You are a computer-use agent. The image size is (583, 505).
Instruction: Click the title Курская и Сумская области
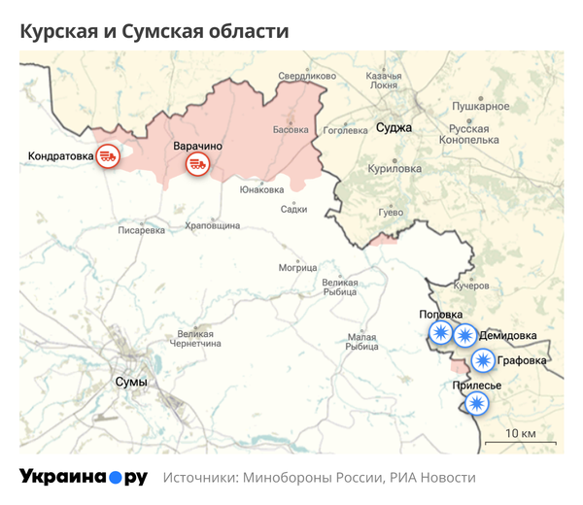click(154, 31)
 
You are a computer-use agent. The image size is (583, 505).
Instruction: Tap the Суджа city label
click(394, 127)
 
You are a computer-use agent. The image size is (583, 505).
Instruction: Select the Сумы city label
click(130, 382)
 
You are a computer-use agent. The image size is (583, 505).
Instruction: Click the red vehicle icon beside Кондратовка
click(108, 155)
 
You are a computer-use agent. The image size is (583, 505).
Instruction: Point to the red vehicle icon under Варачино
click(198, 164)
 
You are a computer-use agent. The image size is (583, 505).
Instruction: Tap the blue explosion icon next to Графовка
click(483, 361)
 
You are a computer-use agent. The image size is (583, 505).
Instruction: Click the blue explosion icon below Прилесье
click(474, 403)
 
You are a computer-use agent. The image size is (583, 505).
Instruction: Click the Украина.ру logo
click(84, 477)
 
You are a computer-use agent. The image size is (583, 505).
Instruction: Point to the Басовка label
click(291, 129)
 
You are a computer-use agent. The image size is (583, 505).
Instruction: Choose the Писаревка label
click(142, 231)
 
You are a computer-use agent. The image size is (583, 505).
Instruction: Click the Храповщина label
click(212, 225)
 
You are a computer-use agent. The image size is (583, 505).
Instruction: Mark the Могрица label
click(298, 267)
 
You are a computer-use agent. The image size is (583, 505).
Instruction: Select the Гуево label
click(390, 211)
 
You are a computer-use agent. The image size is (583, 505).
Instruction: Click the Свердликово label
click(306, 76)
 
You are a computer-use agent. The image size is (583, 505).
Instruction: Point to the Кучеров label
click(471, 286)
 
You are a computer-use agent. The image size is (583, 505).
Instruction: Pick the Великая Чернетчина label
click(195, 338)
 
